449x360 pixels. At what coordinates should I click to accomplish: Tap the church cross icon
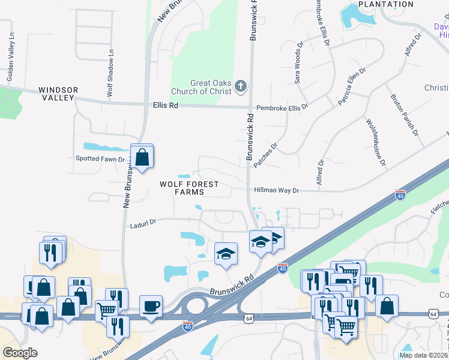point(240,86)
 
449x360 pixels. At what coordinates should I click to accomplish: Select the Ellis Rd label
point(166,105)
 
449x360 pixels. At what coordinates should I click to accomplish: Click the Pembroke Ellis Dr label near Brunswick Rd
point(282,107)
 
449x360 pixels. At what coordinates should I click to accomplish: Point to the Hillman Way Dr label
point(276,190)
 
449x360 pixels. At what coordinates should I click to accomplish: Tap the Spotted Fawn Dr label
point(100,160)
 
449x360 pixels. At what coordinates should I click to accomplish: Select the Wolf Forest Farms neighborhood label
point(189,188)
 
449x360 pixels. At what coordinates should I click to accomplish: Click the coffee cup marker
point(150,306)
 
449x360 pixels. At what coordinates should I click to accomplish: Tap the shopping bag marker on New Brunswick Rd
point(142,157)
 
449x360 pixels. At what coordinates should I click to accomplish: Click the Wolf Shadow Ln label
point(110,73)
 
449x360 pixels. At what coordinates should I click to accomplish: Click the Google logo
point(20,353)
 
